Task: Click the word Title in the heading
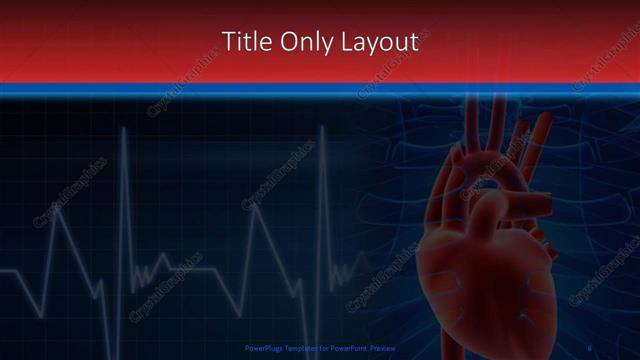[x=243, y=41]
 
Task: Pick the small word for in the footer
[x=323, y=348]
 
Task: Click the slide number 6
[x=591, y=348]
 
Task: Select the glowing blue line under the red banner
[x=320, y=91]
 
